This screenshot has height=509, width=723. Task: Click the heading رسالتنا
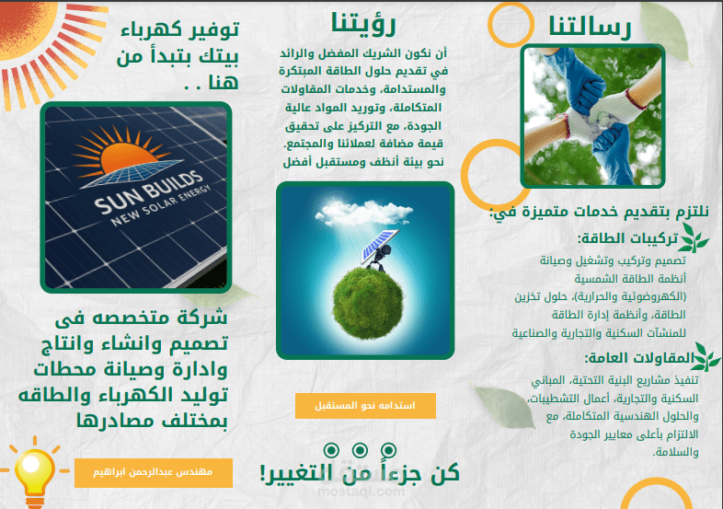[x=590, y=27]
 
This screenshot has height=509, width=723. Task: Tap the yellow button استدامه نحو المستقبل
[x=365, y=406]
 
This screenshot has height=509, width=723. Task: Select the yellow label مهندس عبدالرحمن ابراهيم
[x=154, y=472]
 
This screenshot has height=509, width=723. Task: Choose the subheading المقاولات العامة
[x=637, y=358]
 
